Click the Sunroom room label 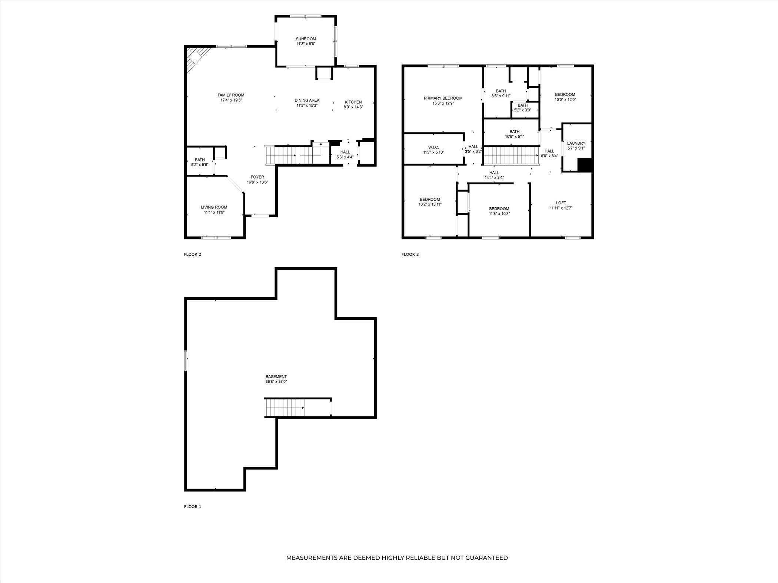point(306,39)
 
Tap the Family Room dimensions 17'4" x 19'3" point(231,100)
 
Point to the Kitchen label point(353,102)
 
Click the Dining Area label point(307,100)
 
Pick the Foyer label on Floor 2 point(257,177)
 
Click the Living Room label point(214,207)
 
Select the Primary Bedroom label point(443,98)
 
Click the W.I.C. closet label point(433,147)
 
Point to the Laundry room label point(576,143)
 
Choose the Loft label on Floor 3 point(561,203)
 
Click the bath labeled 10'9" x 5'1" point(514,134)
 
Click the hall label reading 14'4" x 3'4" point(494,175)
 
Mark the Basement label point(276,377)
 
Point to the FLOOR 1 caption point(192,507)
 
